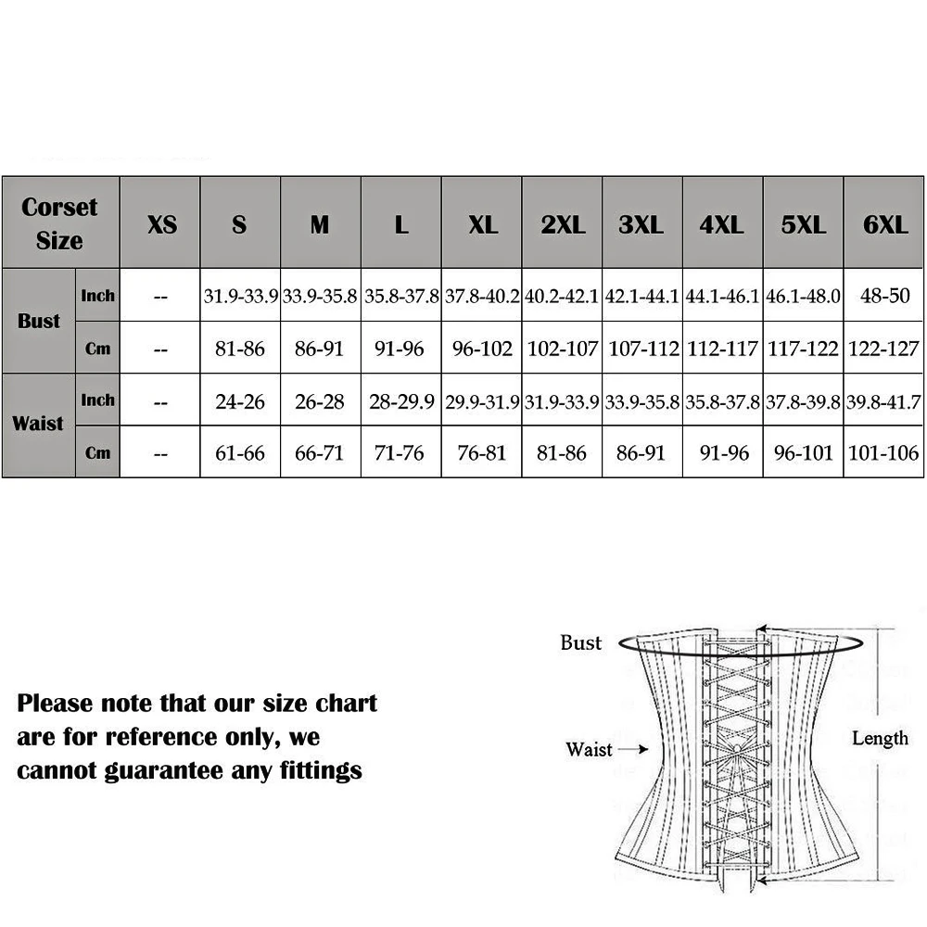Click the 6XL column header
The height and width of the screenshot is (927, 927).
pos(884,223)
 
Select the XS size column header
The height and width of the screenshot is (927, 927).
pos(161,223)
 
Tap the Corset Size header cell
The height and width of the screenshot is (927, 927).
pos(60,223)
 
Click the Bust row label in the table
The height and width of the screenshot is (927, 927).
pos(39,322)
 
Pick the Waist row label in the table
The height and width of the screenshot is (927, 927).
pos(39,425)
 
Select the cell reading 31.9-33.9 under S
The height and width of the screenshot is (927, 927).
pos(241,297)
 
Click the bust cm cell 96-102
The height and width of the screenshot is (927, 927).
pos(482,349)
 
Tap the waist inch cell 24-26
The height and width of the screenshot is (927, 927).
pos(240,401)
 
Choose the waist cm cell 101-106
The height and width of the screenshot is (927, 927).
pos(883,453)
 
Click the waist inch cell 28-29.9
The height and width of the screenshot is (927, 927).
pos(400,401)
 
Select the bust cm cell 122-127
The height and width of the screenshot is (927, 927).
pos(883,349)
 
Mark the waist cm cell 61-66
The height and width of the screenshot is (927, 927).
pos(240,453)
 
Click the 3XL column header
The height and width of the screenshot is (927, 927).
pos(642,223)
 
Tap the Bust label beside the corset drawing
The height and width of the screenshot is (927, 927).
pos(581,642)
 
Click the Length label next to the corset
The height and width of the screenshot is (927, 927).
pos(880,738)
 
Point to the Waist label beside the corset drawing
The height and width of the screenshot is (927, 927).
pos(589,749)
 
